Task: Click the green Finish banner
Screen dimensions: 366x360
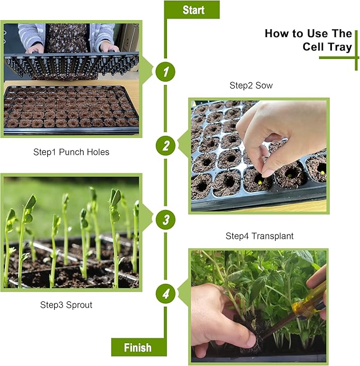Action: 138,347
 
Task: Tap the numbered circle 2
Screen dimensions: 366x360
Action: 165,145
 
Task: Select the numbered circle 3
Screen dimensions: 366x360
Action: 165,219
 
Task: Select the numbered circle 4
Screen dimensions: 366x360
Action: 165,293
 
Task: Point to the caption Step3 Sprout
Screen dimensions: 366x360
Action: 67,305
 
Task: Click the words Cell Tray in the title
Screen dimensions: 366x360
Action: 327,47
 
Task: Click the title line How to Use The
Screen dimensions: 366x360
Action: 308,33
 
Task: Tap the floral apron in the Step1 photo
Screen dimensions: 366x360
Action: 67,37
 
